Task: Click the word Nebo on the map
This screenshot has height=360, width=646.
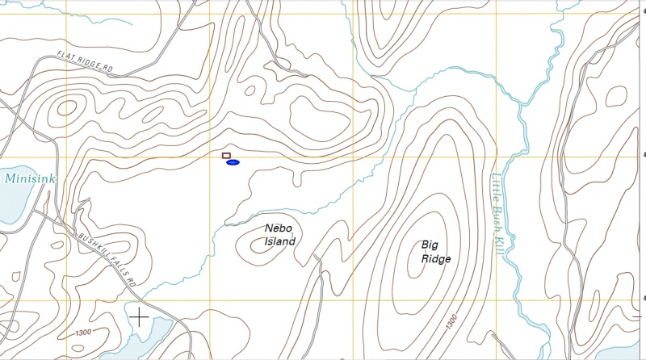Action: (x=279, y=228)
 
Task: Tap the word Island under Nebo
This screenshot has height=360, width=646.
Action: (x=280, y=241)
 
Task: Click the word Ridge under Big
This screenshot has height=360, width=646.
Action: (x=435, y=259)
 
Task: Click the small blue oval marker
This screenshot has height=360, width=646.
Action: (x=233, y=163)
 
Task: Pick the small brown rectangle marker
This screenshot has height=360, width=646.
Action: (x=226, y=155)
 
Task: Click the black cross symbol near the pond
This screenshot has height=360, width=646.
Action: (x=140, y=316)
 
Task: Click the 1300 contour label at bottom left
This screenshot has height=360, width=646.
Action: (x=81, y=333)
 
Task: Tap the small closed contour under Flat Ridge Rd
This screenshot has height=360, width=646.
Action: (x=66, y=107)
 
